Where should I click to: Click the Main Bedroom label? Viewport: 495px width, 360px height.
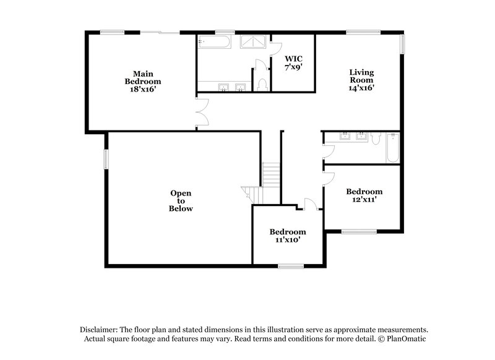[x=142, y=77]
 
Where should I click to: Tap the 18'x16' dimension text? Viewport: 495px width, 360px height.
[x=142, y=89]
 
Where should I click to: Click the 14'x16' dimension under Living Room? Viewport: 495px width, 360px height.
[x=362, y=88]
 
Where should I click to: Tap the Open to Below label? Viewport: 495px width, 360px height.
[x=181, y=200]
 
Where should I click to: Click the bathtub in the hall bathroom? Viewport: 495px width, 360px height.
[x=392, y=148]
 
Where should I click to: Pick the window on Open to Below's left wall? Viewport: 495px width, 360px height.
[x=105, y=159]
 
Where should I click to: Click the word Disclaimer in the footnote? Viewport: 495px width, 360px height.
[x=100, y=330]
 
